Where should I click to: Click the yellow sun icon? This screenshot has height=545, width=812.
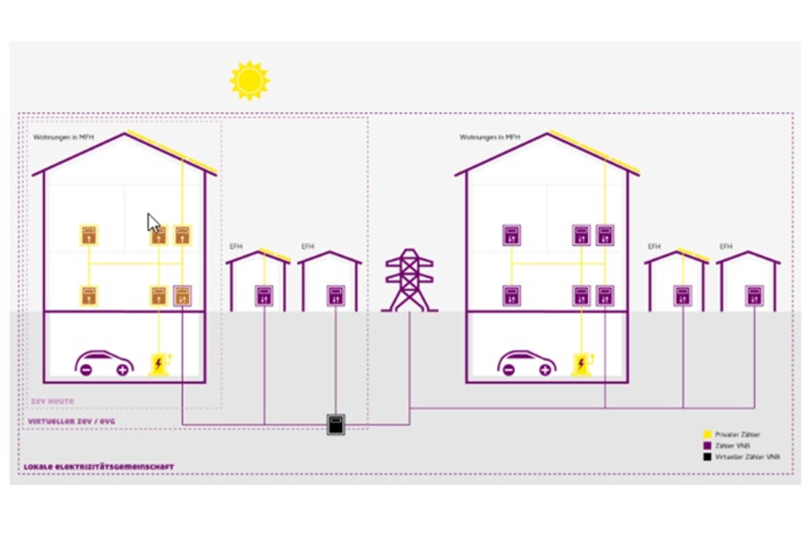click(249, 81)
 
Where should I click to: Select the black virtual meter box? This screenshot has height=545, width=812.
click(336, 424)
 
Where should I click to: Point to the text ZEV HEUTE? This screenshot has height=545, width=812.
click(52, 401)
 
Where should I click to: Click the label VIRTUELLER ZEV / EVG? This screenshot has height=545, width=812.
click(71, 422)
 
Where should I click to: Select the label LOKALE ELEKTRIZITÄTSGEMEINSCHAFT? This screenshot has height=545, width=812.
click(99, 467)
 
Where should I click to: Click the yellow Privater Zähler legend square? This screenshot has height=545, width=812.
click(707, 434)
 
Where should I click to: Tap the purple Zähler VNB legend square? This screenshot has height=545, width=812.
click(707, 446)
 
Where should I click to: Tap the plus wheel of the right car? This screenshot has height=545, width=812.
click(545, 370)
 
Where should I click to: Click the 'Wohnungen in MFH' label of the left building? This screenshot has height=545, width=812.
click(64, 137)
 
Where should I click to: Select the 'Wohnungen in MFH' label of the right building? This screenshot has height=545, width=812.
click(490, 137)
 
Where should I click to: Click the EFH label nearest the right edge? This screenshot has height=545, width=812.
click(726, 246)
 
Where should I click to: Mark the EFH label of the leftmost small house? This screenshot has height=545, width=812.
click(236, 246)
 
